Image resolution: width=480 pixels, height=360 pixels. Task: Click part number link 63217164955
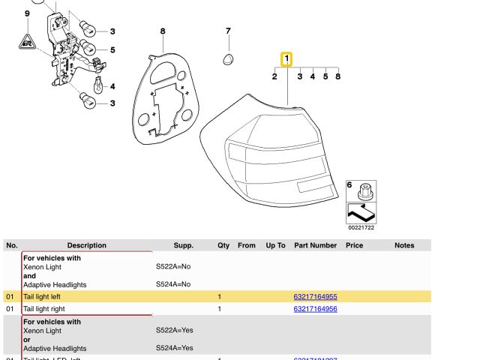click(315, 297)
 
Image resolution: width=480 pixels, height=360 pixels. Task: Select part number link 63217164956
click(315, 309)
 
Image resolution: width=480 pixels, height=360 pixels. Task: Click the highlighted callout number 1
click(286, 59)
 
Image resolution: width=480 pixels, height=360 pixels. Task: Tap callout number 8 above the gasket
click(162, 31)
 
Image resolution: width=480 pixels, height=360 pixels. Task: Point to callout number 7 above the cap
click(228, 31)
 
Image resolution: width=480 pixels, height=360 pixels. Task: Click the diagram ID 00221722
click(361, 227)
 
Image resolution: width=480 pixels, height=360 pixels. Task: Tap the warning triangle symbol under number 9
click(28, 41)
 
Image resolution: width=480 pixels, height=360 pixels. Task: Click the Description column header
click(87, 245)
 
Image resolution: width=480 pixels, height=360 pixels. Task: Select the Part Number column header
click(315, 245)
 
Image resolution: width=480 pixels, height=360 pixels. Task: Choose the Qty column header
click(223, 245)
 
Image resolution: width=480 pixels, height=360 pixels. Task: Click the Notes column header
click(404, 245)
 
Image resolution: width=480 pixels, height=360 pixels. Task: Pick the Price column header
click(354, 245)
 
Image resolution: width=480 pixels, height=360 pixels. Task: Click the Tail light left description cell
click(42, 297)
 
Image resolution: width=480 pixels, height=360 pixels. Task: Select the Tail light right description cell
click(44, 309)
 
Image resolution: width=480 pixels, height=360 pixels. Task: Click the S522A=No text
click(173, 267)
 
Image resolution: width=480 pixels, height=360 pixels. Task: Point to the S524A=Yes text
click(174, 348)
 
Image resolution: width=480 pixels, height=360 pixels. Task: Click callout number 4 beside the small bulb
click(112, 87)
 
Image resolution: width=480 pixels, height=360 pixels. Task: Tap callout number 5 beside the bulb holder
click(112, 50)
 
